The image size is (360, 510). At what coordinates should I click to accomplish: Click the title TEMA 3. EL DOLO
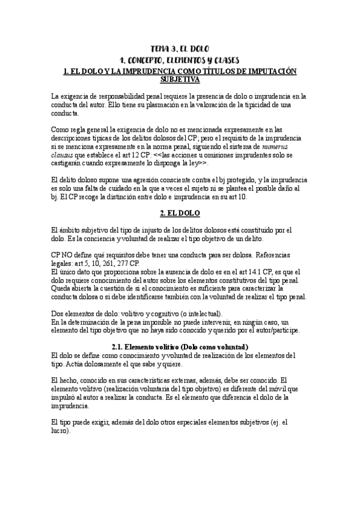pyautogui.click(x=180, y=49)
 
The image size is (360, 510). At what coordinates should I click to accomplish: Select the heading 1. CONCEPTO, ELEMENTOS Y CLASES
pyautogui.click(x=180, y=60)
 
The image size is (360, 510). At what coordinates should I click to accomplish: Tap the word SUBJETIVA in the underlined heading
pyautogui.click(x=180, y=79)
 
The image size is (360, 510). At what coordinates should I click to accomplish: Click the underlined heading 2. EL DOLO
pyautogui.click(x=180, y=214)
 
